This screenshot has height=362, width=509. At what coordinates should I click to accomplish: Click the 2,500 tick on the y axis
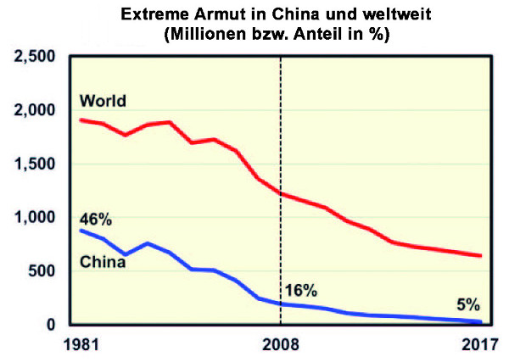click(33, 57)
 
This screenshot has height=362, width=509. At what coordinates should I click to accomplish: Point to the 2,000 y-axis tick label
click(33, 110)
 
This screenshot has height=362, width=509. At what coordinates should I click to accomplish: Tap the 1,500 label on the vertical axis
click(33, 164)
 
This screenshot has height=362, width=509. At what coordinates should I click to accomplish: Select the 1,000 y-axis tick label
click(33, 218)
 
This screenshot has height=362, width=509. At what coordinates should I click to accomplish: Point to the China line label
click(103, 262)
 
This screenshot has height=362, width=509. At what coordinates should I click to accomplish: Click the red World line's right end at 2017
click(481, 255)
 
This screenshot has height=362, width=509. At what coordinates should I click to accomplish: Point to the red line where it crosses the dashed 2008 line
click(280, 194)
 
